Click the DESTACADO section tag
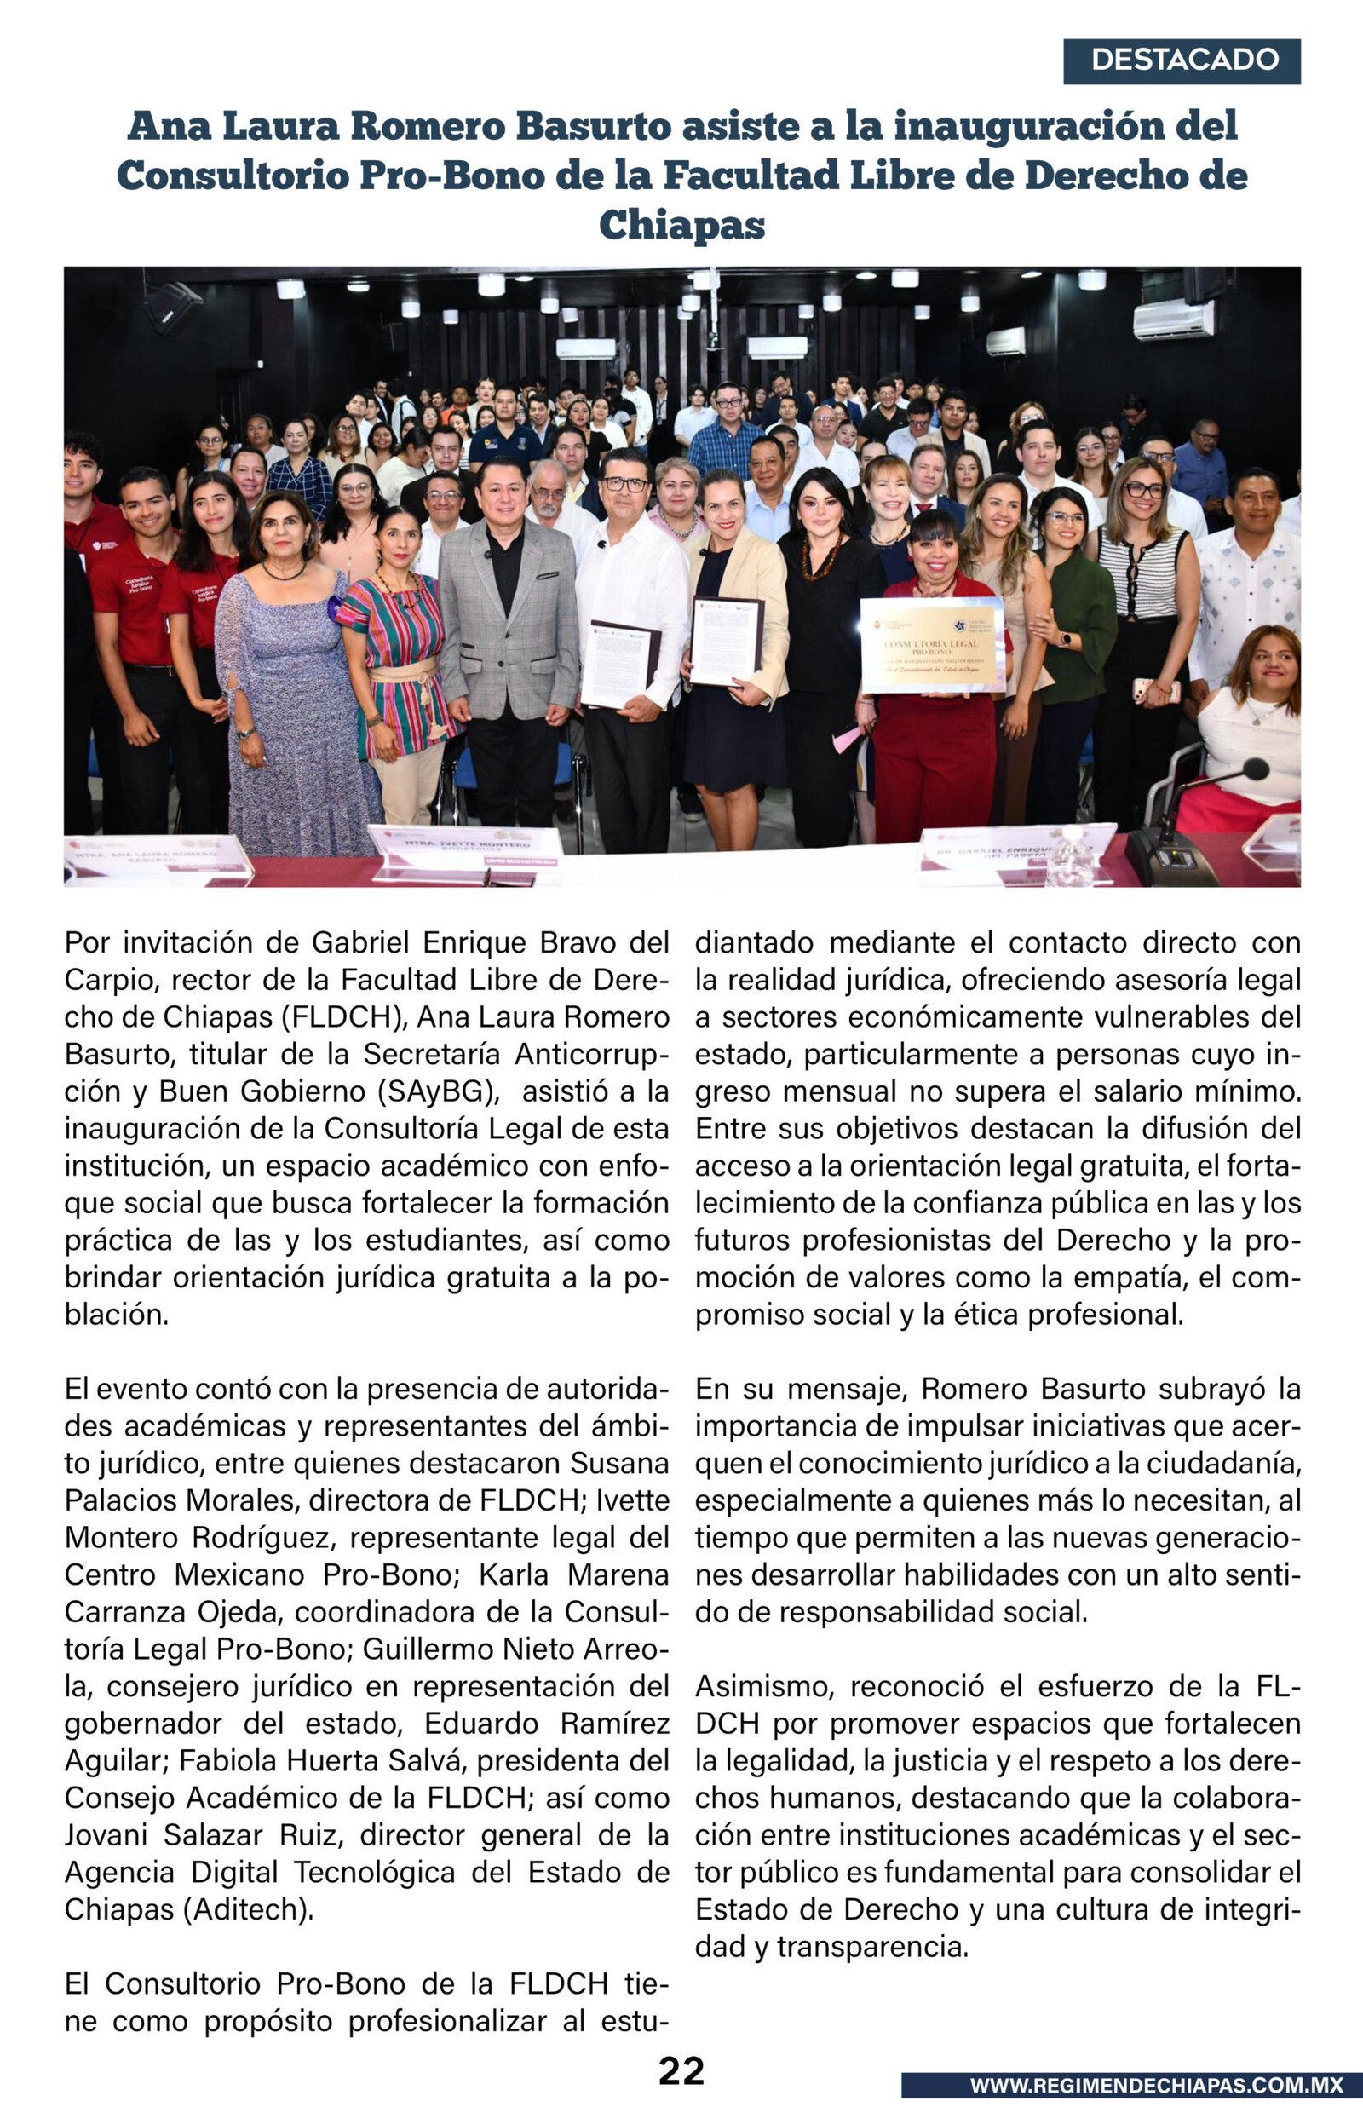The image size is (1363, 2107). [x=1182, y=60]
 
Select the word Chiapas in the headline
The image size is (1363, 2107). [x=681, y=225]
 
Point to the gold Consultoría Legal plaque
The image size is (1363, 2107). [x=932, y=644]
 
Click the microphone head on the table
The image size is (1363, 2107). [x=1256, y=769]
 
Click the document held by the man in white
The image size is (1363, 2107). [x=618, y=665]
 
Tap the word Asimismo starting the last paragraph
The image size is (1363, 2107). [x=765, y=1686]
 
